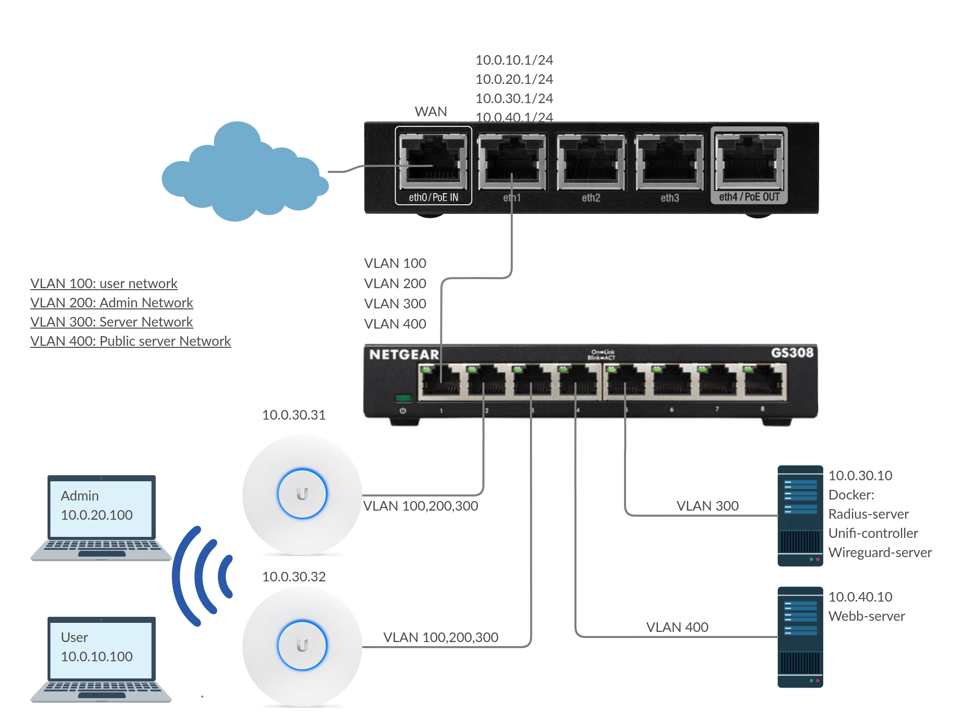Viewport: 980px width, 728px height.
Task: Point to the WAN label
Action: pos(431,112)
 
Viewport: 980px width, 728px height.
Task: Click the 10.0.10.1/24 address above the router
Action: pos(514,60)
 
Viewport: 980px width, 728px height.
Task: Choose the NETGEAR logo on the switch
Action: pos(404,354)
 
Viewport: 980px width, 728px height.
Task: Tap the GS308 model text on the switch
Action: pos(792,352)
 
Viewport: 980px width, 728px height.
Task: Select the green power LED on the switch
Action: pos(403,398)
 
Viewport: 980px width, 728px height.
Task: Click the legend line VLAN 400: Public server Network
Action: pos(130,341)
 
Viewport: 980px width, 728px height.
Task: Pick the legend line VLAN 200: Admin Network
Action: pos(112,303)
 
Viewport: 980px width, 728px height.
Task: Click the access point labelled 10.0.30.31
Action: pos(302,494)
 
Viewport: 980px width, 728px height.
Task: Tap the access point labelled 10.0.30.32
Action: pos(302,646)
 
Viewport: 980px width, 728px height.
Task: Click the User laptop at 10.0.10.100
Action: pos(101,657)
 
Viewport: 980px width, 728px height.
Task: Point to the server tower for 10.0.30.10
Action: pos(800,516)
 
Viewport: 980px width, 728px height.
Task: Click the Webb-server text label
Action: pos(866,616)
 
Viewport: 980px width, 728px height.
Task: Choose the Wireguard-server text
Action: pos(880,553)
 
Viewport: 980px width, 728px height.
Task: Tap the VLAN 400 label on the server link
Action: pos(677,627)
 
